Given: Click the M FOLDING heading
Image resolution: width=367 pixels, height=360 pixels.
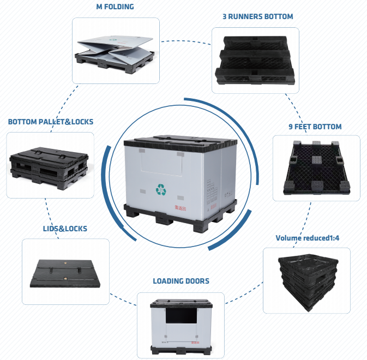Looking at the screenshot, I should [115, 7].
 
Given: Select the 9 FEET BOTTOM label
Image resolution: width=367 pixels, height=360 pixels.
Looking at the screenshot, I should [315, 127].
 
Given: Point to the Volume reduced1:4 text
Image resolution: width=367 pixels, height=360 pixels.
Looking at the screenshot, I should [308, 238].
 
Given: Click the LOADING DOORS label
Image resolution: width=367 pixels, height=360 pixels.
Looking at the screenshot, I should [181, 281].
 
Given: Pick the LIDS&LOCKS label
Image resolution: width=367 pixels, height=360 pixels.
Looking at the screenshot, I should [65, 229].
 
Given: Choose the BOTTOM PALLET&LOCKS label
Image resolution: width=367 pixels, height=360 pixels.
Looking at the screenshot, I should [50, 122].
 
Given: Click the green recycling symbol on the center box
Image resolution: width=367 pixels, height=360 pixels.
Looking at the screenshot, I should [161, 190].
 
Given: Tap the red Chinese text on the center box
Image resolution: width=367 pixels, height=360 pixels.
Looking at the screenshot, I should [180, 207].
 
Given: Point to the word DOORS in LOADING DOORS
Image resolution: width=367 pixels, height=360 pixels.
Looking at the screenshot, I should [196, 281].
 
